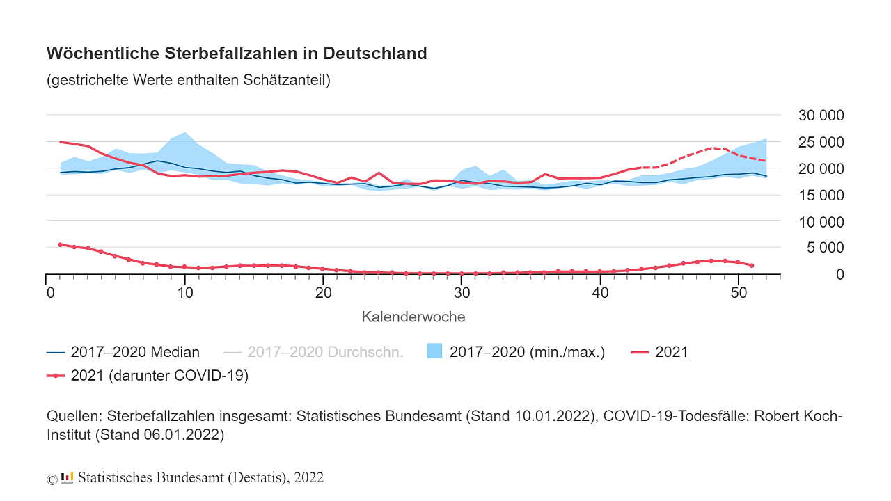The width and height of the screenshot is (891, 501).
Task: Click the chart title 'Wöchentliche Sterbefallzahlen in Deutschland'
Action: point(237,54)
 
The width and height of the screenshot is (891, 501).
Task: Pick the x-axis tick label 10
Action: point(184,292)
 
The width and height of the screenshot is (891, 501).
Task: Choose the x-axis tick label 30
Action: point(460,292)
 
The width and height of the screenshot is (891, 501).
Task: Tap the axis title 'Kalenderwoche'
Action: point(413,317)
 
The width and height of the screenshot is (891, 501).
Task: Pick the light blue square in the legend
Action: point(434,351)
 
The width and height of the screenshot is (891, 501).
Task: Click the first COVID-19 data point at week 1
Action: point(60,244)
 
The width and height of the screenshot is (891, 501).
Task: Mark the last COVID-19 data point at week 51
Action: point(752,265)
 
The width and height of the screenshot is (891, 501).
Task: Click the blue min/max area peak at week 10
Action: point(184,132)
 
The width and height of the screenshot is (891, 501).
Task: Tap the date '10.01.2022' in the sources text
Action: point(554,417)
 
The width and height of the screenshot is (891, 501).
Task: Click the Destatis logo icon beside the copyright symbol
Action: point(67,478)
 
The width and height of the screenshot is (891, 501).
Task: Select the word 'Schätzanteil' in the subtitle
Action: point(286,80)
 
